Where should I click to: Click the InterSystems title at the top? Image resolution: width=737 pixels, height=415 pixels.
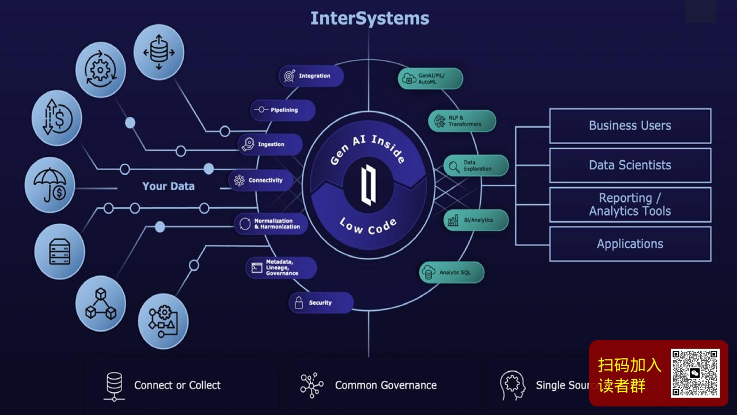pos(370,18)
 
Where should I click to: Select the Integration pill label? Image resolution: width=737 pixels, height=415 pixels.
pos(311,76)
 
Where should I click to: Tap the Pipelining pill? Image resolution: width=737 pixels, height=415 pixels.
pos(283,110)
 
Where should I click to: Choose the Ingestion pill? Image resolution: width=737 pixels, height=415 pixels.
pos(270,145)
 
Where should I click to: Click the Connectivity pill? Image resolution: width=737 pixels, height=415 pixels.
pos(261,180)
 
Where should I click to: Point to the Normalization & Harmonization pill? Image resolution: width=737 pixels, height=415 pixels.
pos(271,224)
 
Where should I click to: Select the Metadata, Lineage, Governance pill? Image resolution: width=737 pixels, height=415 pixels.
pos(282,268)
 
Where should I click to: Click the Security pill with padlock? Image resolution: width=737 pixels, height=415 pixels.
pos(321,303)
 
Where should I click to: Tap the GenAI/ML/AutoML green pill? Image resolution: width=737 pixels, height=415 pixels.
pos(430,79)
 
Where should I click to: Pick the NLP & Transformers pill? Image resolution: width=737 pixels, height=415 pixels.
pos(462,121)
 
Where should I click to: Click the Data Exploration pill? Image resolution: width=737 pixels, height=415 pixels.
pos(476,166)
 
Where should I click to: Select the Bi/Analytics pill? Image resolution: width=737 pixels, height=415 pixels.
pos(476,220)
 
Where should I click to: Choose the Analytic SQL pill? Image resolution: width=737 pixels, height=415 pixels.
pos(451,272)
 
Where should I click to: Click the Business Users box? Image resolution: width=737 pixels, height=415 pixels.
pos(630,126)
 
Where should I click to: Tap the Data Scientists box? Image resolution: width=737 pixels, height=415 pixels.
pos(630,165)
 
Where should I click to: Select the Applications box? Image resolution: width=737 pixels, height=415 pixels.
pos(630,244)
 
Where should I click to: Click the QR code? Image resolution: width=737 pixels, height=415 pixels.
pos(695,373)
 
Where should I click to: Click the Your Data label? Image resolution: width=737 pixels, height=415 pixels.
pos(168,186)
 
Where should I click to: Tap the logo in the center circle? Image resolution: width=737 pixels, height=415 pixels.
pos(368,184)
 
